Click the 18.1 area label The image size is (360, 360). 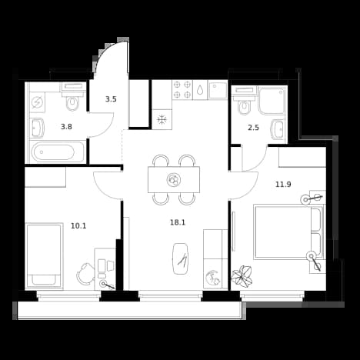(x=178, y=222)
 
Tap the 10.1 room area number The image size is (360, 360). (x=78, y=226)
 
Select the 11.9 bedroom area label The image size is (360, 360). (x=283, y=184)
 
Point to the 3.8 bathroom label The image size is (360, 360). (x=66, y=127)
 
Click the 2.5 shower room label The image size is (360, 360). (x=253, y=128)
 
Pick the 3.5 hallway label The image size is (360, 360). (x=111, y=99)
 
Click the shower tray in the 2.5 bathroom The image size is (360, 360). (x=272, y=101)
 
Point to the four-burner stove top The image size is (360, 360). (x=182, y=90)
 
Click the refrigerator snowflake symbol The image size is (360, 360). (x=162, y=119)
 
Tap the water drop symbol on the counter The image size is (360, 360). (x=200, y=89)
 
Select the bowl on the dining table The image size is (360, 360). (x=174, y=179)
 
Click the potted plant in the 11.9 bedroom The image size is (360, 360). (x=242, y=275)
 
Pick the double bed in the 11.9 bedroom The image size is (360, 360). (x=288, y=232)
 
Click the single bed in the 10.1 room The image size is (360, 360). (x=44, y=255)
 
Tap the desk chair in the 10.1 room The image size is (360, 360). (x=85, y=273)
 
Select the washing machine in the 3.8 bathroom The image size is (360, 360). (x=37, y=103)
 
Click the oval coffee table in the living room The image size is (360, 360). (x=181, y=258)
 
